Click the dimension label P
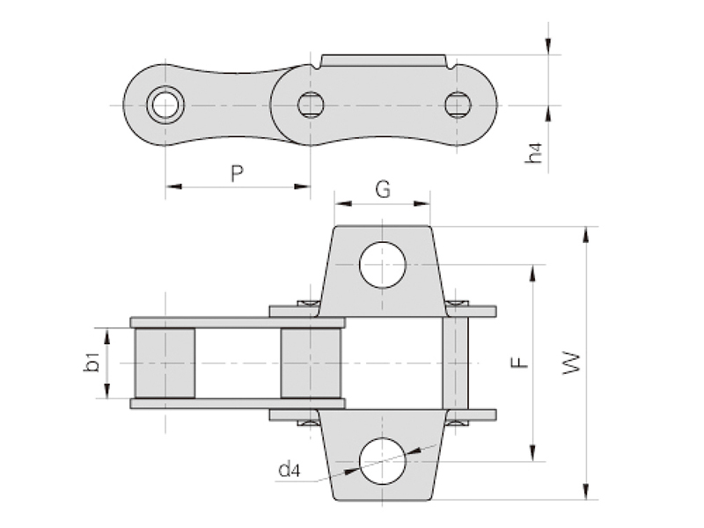[237, 173]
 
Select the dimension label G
[383, 189]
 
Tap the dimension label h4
[534, 152]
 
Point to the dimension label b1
[92, 363]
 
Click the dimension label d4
[290, 470]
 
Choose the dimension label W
[571, 363]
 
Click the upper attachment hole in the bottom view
[383, 265]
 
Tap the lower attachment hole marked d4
[383, 461]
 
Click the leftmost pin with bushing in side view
[165, 105]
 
